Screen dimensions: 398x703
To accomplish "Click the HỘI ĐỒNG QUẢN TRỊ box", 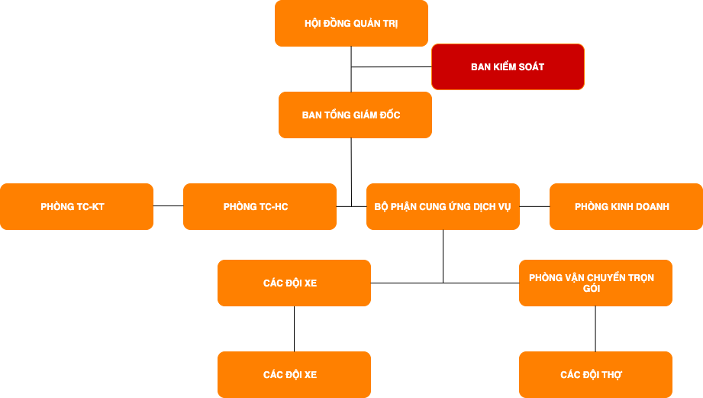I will click(x=351, y=23).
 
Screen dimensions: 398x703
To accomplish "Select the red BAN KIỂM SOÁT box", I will click(x=508, y=67).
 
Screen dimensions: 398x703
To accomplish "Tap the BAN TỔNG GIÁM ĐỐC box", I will click(x=355, y=115).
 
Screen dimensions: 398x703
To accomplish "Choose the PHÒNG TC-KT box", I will click(x=76, y=207).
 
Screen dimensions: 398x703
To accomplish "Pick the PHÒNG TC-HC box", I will click(x=260, y=207).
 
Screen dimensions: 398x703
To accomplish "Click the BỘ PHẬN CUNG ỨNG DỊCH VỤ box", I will click(x=443, y=207).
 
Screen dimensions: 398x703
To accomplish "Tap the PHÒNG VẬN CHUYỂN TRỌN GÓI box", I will click(x=595, y=283).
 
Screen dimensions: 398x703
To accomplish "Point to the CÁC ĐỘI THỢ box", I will click(x=595, y=375).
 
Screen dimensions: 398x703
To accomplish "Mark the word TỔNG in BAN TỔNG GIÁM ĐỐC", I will click(x=337, y=115).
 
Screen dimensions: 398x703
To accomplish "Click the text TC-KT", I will click(x=91, y=207).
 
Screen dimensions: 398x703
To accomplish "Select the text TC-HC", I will click(x=274, y=207).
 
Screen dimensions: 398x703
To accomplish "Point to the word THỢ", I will click(x=612, y=375).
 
